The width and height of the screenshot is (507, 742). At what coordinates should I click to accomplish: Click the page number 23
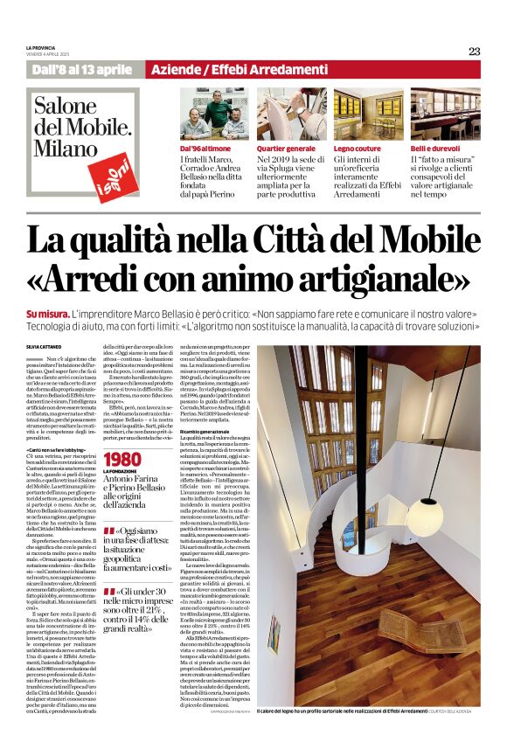(474, 51)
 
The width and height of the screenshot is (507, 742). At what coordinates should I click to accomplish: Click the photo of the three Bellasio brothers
(212, 114)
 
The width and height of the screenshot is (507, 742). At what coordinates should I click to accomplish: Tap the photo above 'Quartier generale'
(288, 114)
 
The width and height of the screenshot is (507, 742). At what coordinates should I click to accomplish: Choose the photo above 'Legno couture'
(366, 114)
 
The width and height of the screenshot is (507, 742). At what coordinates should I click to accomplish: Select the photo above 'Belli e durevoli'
(445, 114)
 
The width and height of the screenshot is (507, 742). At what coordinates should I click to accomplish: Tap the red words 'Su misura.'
(48, 313)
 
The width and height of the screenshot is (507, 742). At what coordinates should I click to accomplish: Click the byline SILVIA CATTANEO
(45, 348)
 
